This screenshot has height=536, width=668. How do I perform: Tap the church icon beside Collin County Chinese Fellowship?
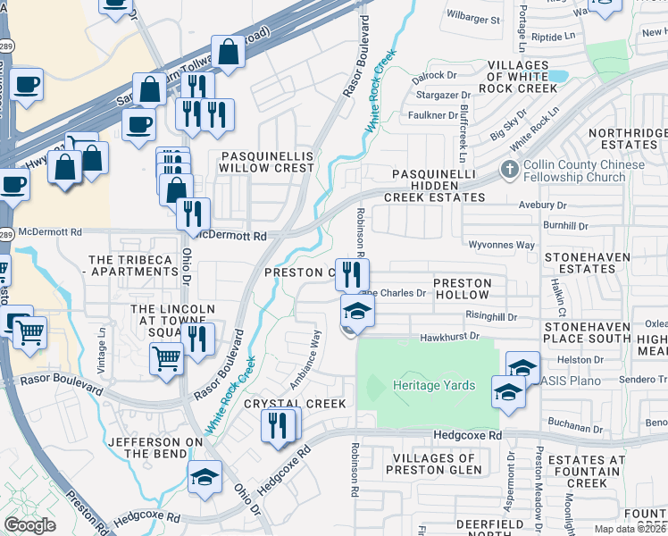509,169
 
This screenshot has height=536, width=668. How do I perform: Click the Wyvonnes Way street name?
501,244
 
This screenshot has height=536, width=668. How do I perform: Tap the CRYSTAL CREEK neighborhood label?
295,404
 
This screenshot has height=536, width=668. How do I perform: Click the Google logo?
29,524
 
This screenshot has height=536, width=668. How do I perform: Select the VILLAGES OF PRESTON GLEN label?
433,465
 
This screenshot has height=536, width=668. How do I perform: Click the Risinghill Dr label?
491,315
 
